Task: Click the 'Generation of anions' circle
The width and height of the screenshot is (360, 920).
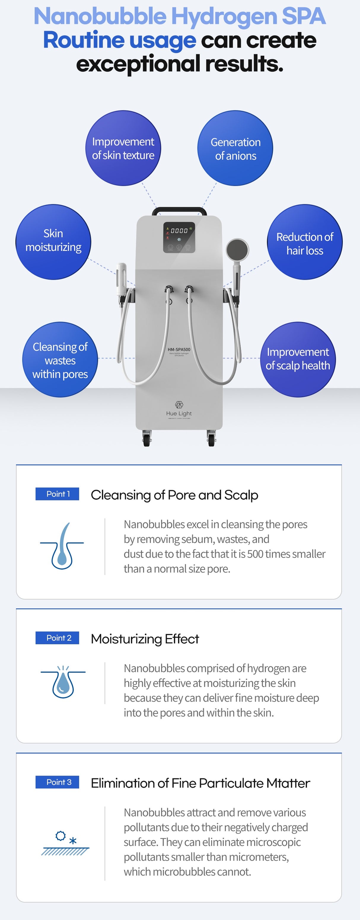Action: pos(235,148)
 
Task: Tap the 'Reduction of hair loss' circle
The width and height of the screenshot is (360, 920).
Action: pos(305,242)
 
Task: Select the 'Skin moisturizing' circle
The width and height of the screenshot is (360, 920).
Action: pos(53,242)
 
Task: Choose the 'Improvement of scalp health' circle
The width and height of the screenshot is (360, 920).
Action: pos(298,359)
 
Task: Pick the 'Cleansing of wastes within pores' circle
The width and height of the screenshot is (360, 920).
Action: pos(60,359)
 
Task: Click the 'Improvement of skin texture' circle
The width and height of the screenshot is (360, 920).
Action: pos(123,148)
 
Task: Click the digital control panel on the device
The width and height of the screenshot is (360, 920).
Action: pos(179,237)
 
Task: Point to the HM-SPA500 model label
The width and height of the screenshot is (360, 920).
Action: pos(179,350)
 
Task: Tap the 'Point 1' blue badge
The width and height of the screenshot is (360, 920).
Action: pos(57,494)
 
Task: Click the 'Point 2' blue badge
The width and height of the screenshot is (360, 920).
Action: pos(57,638)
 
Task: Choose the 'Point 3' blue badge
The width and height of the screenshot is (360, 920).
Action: pos(57,782)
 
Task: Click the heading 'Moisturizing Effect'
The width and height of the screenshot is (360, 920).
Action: pos(145,639)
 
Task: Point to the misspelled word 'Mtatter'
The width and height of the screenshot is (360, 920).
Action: pos(288,783)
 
